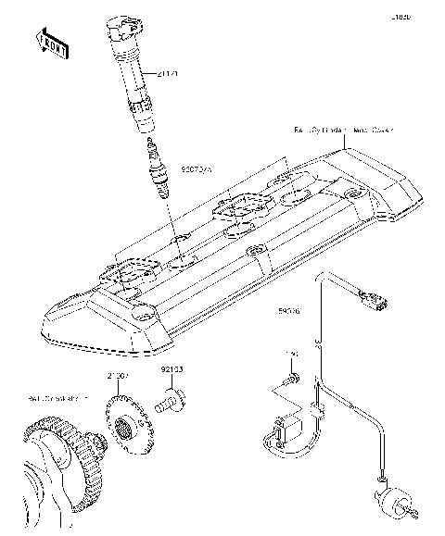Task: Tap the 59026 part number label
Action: pyautogui.click(x=289, y=312)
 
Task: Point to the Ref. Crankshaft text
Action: pyautogui.click(x=57, y=399)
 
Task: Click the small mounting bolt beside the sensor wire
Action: pyautogui.click(x=289, y=379)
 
